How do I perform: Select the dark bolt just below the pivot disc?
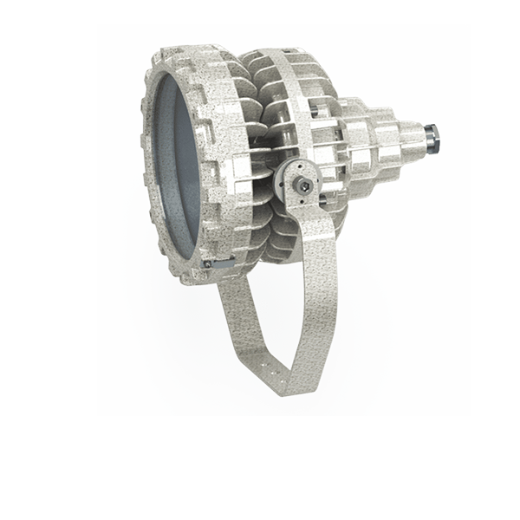point(328,203)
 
